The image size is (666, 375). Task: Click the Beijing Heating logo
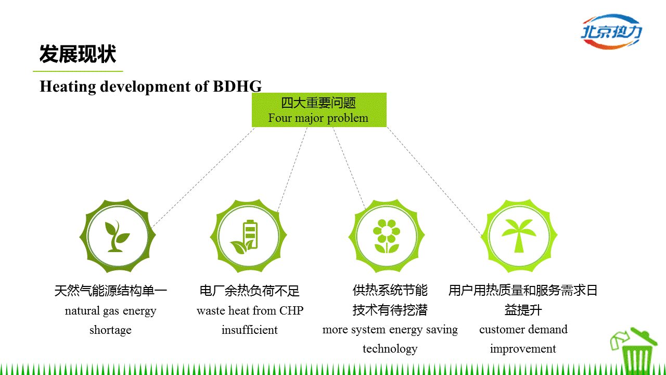pos(611,32)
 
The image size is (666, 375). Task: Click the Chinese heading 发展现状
pos(78,54)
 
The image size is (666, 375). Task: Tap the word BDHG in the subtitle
pos(237,86)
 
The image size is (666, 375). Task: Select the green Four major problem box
pos(319,110)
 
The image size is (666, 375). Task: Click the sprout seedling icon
pos(117,236)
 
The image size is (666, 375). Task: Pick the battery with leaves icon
pos(245,237)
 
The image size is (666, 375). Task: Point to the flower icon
pos(387,236)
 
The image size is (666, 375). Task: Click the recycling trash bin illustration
pos(635,351)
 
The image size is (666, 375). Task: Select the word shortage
pos(110,330)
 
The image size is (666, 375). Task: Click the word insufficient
pos(249,330)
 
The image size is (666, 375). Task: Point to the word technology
pos(390,349)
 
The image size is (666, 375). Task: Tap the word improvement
pos(523,349)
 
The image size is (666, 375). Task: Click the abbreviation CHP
pos(291,311)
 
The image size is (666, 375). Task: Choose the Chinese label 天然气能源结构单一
pos(111,291)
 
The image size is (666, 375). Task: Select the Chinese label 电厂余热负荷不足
pos(249,291)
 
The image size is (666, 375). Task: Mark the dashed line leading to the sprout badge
pos(203,178)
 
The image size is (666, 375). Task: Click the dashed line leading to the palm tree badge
pos(434,182)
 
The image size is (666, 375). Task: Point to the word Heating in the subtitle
pos(68,87)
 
